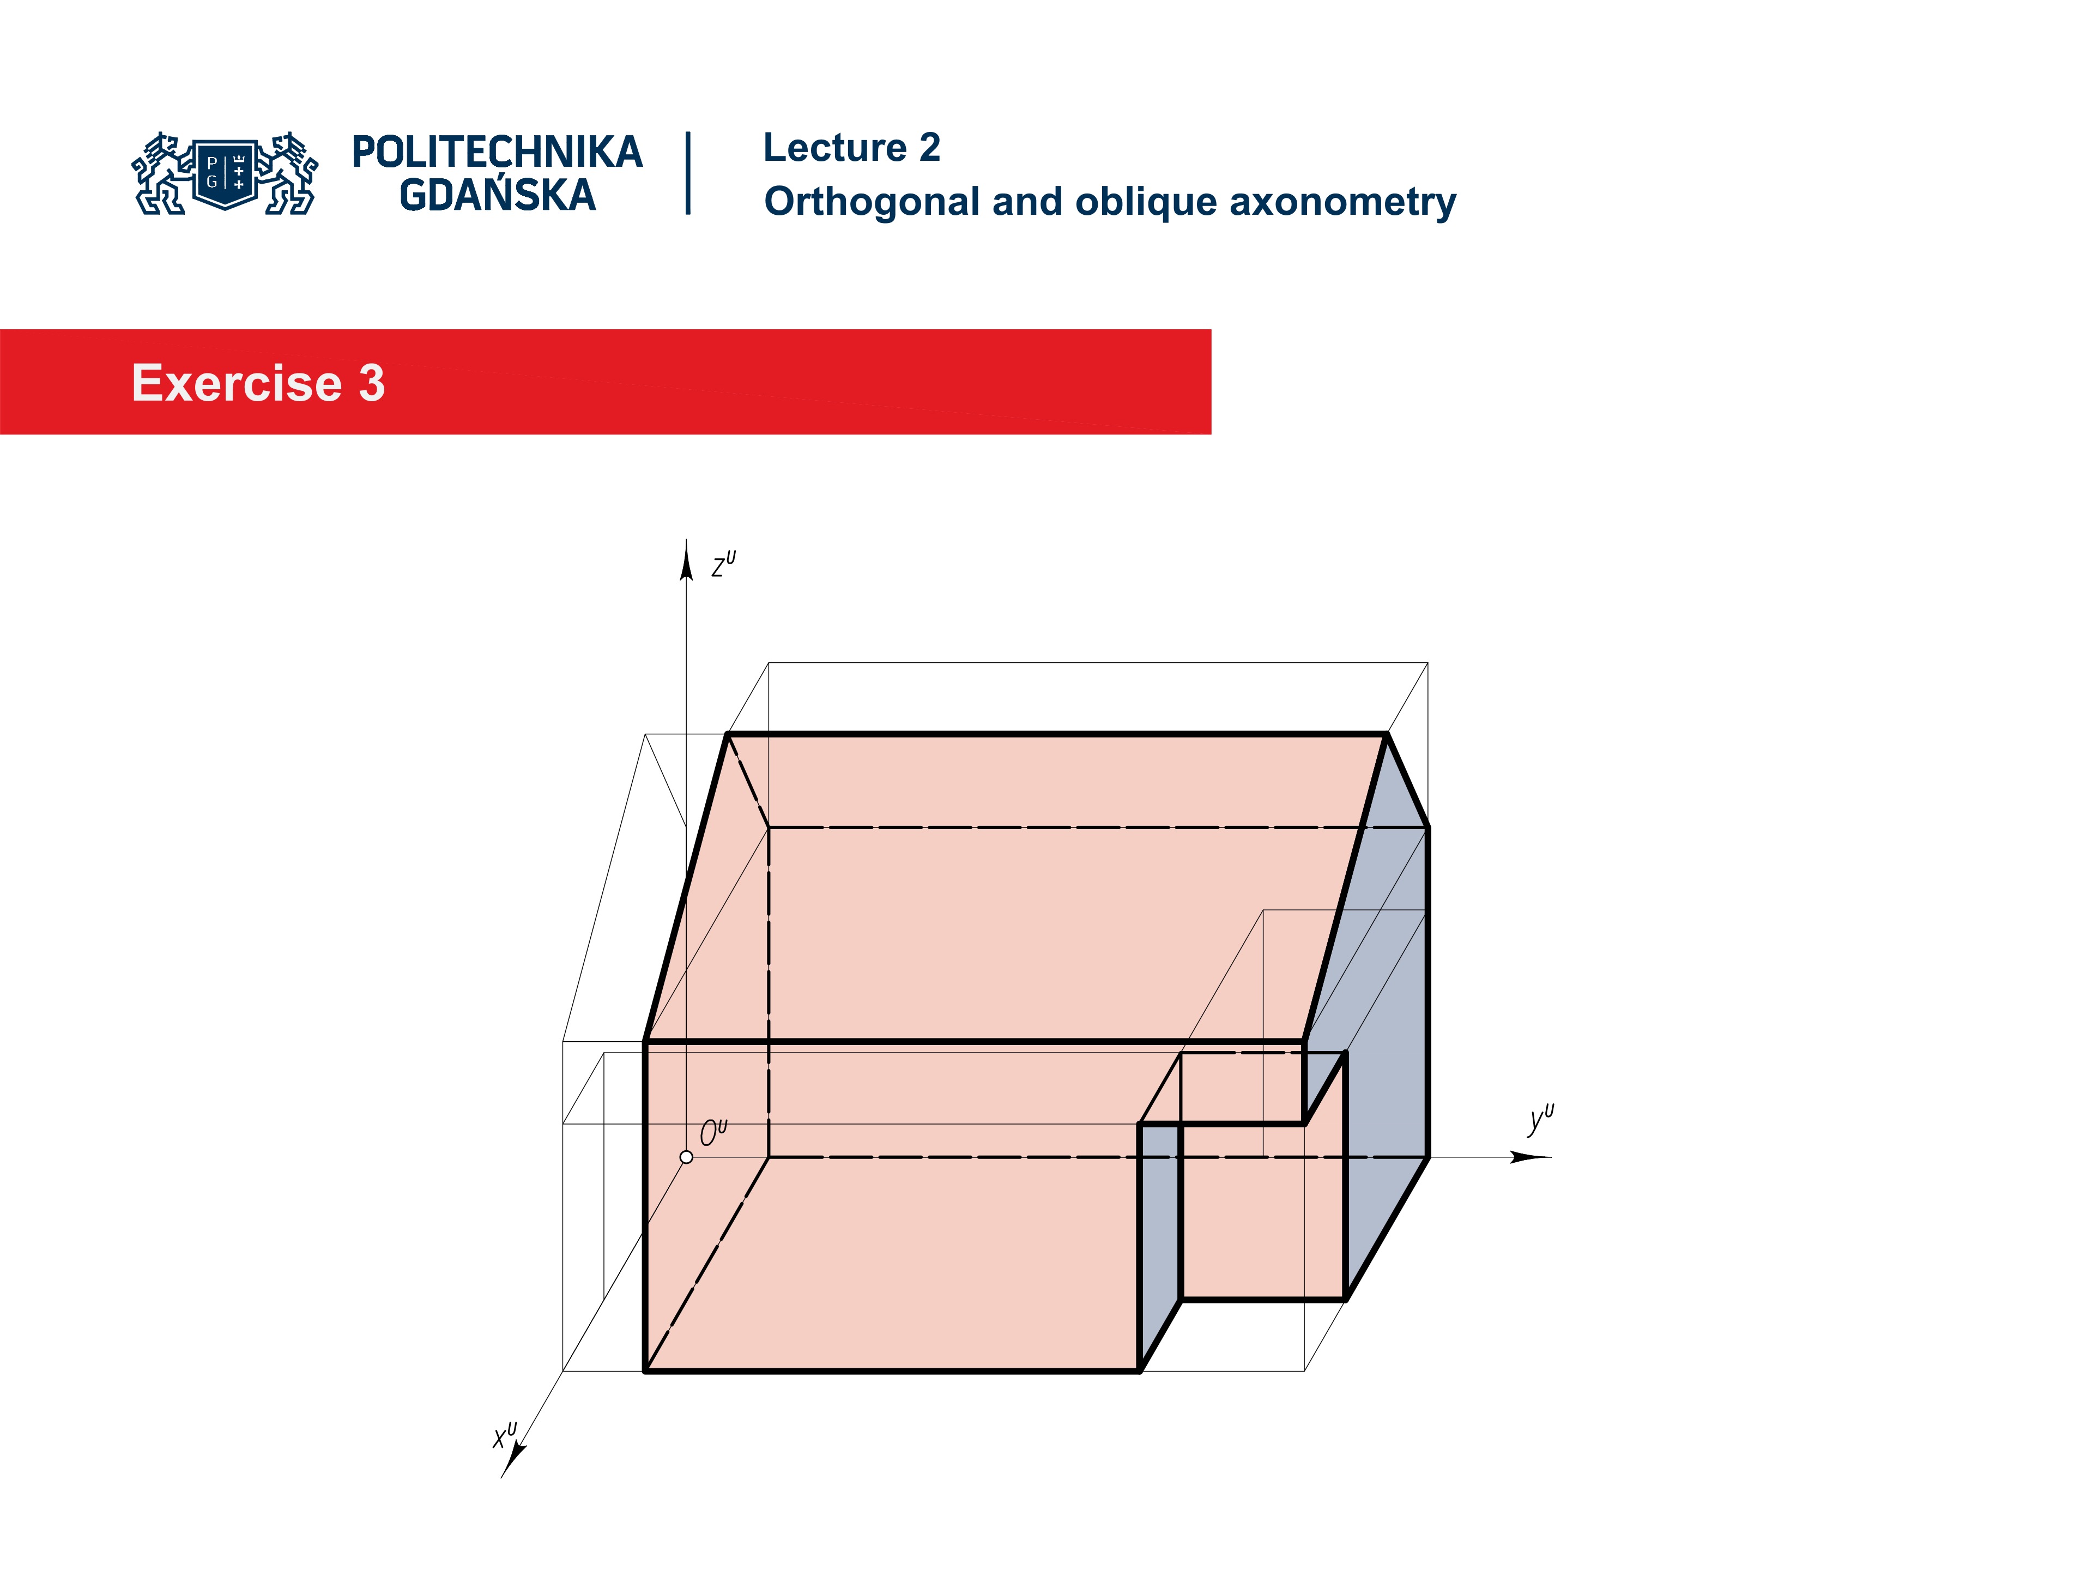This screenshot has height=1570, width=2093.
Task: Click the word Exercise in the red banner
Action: pyautogui.click(x=237, y=383)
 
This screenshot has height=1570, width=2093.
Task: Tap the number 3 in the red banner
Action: pyautogui.click(x=372, y=383)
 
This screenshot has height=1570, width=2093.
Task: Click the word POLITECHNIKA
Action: pyautogui.click(x=497, y=153)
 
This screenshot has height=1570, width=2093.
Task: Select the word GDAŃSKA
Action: pyautogui.click(x=497, y=196)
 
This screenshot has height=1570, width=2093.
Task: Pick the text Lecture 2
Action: pyautogui.click(x=851, y=148)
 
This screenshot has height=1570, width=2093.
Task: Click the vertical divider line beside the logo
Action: pyautogui.click(x=688, y=173)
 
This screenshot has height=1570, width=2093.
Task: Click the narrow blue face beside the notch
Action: pyautogui.click(x=1159, y=1230)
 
